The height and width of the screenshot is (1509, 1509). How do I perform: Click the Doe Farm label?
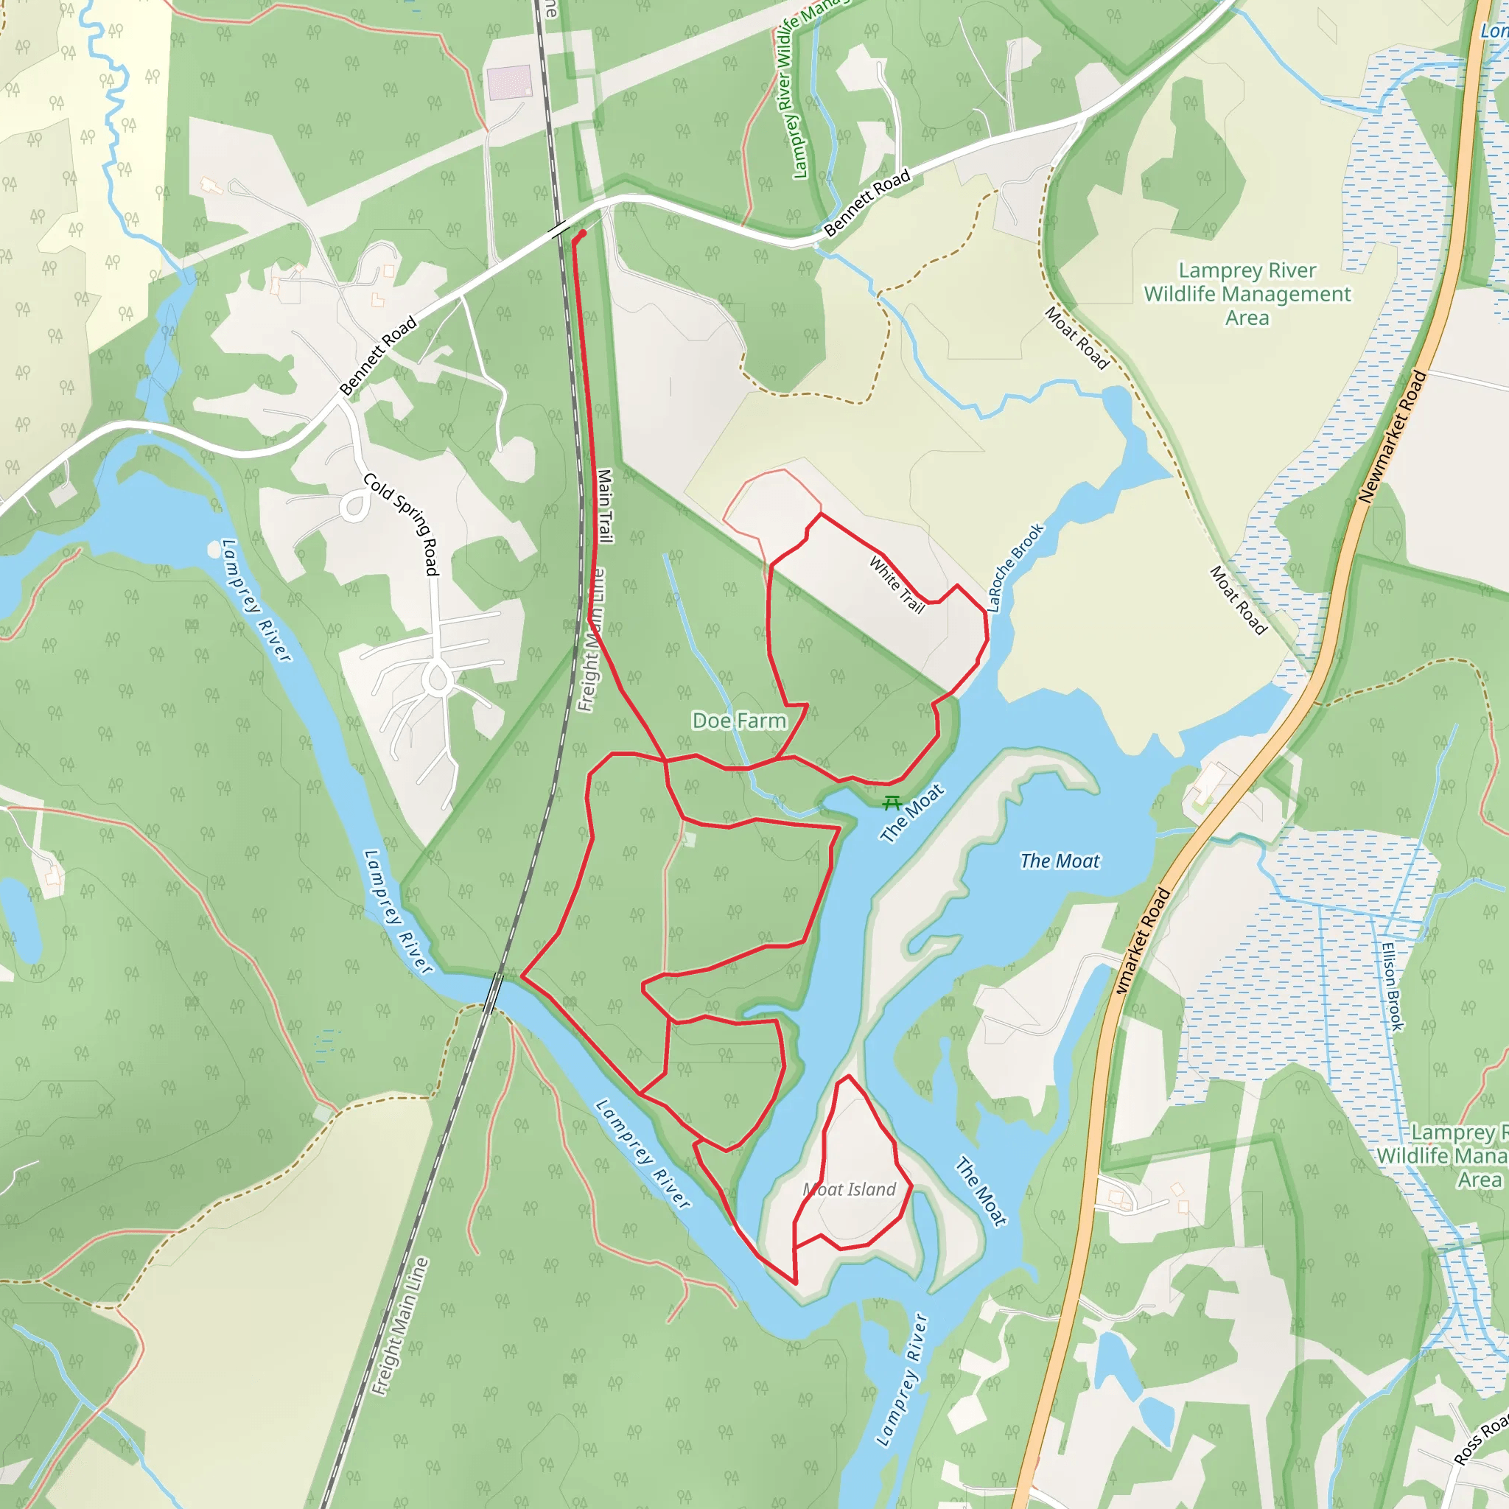click(739, 720)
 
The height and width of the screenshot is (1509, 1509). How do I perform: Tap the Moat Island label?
click(850, 1188)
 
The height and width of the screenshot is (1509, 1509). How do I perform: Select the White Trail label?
click(897, 584)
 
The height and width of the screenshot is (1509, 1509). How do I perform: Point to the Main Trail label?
click(604, 505)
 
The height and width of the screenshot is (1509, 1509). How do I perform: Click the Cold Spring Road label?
click(401, 524)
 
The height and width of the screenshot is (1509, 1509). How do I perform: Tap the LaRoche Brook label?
click(1015, 567)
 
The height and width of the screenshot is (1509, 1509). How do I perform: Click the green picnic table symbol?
click(892, 802)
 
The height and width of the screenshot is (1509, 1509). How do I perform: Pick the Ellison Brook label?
click(1392, 987)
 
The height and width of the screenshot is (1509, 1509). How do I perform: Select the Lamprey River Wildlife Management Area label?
click(1247, 294)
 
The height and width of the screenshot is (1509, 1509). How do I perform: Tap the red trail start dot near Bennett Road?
click(583, 234)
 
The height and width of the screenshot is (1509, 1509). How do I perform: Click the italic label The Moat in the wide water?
click(1059, 861)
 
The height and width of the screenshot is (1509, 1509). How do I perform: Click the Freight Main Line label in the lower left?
click(400, 1326)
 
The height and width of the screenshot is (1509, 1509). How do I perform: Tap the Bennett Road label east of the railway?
click(867, 203)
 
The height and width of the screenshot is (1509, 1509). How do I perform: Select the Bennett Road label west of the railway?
click(378, 356)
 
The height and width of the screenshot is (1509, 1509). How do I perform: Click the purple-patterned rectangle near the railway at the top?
click(508, 83)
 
